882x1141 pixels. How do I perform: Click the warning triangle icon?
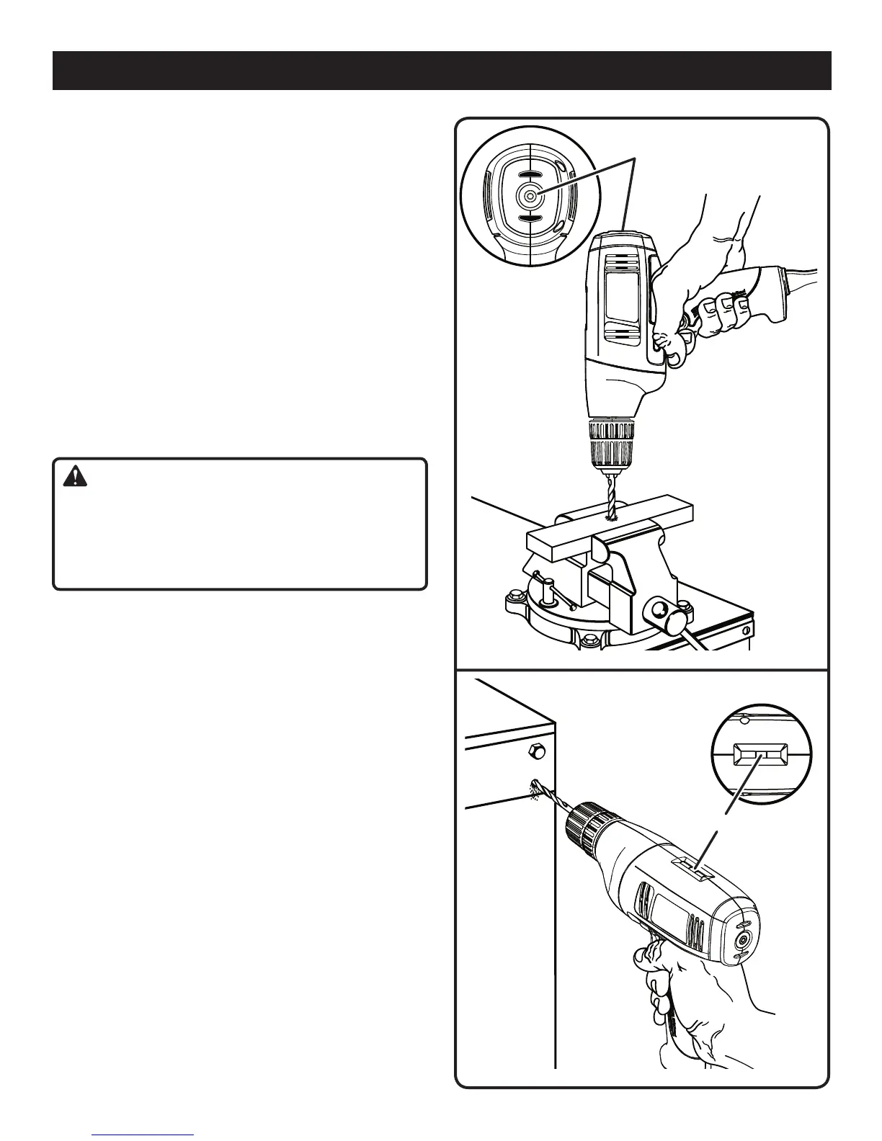73,477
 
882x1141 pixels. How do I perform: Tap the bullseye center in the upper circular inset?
529,194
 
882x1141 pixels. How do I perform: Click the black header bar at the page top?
441,70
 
